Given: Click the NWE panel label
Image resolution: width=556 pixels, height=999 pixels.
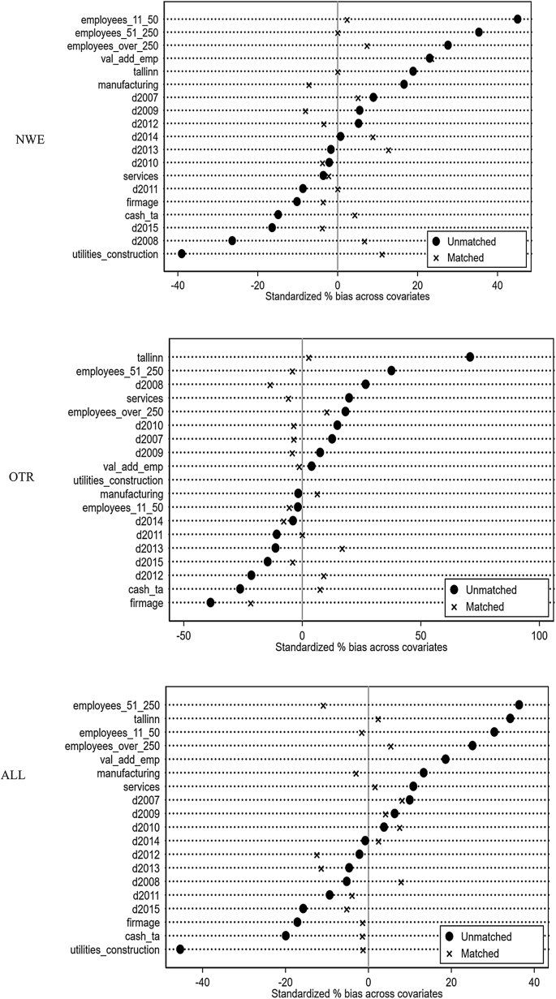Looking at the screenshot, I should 29,139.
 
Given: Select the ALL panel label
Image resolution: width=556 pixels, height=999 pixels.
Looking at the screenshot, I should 29,775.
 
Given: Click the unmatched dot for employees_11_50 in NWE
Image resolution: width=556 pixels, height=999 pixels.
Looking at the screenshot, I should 518,19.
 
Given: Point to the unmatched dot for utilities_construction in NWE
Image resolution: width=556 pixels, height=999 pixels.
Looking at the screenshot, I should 182,254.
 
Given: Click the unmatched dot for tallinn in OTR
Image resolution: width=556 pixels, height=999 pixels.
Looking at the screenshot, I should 469,357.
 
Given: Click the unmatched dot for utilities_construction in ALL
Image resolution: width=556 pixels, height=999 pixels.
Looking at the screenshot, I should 180,949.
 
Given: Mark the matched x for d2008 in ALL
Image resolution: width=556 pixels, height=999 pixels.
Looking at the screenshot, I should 401,881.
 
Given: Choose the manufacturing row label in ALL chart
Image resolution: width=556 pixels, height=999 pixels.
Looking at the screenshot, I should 128,773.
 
